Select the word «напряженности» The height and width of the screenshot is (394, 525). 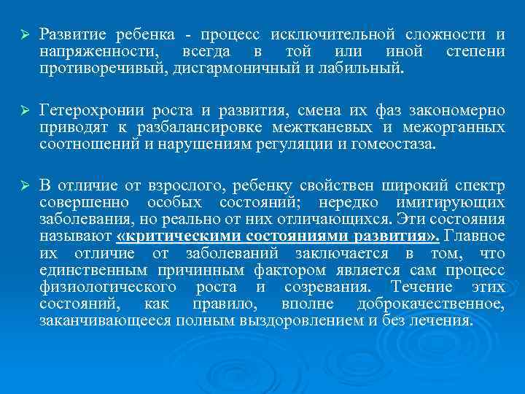(x=88, y=52)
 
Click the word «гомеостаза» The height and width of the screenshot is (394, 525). (x=387, y=144)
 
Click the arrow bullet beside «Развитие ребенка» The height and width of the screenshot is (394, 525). (x=23, y=36)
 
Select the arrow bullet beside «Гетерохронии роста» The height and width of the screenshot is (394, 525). (x=23, y=112)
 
